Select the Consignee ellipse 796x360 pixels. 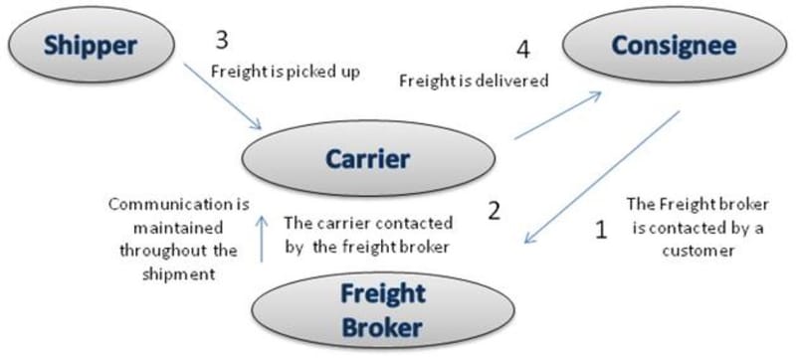click(674, 46)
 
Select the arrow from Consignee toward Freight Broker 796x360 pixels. click(602, 179)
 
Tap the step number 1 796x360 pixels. click(600, 231)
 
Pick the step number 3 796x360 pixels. click(223, 42)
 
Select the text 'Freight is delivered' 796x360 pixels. click(474, 82)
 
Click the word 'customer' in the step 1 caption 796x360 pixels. click(696, 251)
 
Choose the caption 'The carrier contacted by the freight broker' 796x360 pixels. click(369, 234)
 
